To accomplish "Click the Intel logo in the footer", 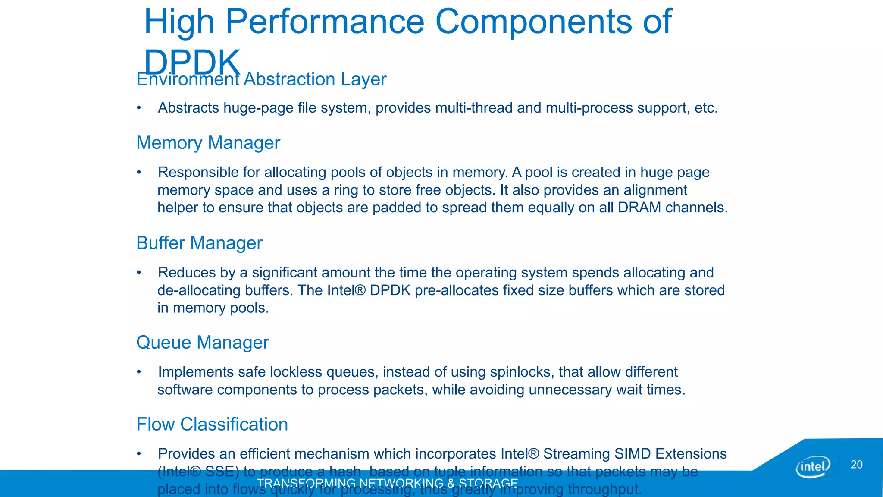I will pos(813,467).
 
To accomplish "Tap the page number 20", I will pos(856,465).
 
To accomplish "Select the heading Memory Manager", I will pos(208,143).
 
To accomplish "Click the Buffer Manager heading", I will pos(199,243).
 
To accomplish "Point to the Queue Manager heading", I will pos(202,343).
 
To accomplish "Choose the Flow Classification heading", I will pos(212,425).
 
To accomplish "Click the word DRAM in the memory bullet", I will pos(639,208).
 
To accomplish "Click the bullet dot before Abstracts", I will pos(139,108).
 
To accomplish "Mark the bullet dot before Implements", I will pos(139,372).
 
